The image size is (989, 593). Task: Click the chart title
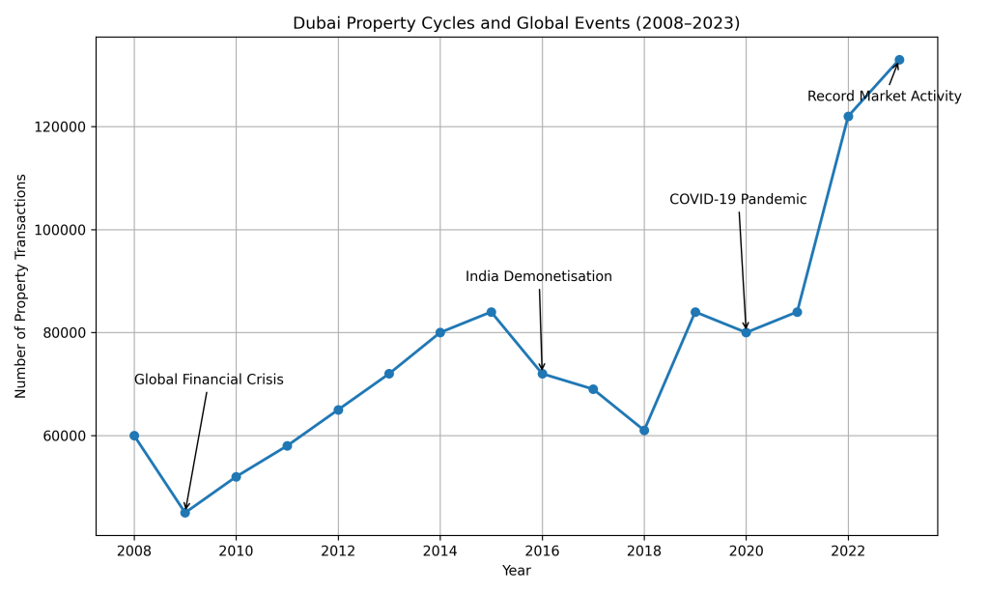coord(516,23)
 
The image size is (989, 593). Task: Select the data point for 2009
coord(184,513)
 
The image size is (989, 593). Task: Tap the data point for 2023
coord(899,60)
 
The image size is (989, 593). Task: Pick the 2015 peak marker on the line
coord(491,312)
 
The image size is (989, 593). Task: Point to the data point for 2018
coord(644,431)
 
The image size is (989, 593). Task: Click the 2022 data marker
coord(848,117)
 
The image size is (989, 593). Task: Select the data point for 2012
coord(338,409)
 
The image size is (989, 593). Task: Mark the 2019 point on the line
coord(695,312)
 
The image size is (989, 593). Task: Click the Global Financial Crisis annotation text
coord(209,381)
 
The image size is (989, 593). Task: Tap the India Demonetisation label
coord(538,277)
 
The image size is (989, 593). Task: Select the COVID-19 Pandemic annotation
coord(738,200)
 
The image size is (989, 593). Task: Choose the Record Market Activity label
coord(884,97)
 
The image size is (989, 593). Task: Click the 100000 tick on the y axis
coord(60,230)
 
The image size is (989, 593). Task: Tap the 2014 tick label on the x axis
coord(439,551)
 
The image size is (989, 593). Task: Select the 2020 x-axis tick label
coord(746,551)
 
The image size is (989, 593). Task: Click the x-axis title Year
coord(516,571)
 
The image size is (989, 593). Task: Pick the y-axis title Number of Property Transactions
coord(21,286)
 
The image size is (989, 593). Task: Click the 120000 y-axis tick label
coord(60,127)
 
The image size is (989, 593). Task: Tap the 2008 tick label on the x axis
coord(134,551)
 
